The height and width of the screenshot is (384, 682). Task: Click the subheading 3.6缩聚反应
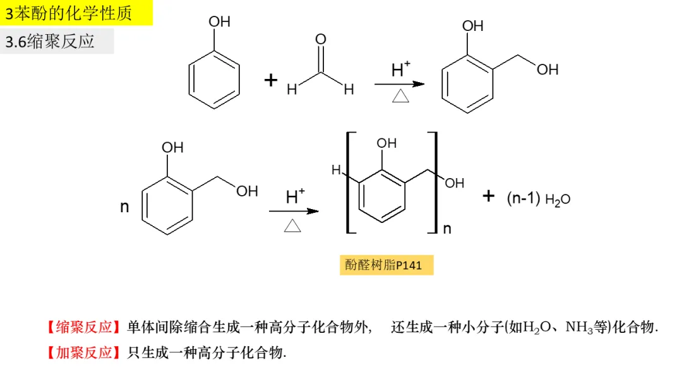(x=50, y=42)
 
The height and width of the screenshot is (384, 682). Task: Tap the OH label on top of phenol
(x=220, y=22)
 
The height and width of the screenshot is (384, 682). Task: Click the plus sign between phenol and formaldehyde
(x=270, y=80)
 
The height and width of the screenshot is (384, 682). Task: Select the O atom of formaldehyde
(x=321, y=40)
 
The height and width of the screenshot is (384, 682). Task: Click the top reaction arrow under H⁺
(x=399, y=84)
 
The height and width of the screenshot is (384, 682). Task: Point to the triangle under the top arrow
(x=401, y=97)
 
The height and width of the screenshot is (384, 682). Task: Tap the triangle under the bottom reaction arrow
(x=293, y=226)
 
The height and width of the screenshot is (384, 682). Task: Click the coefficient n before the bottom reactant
(x=124, y=207)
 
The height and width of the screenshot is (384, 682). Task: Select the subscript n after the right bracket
(x=447, y=228)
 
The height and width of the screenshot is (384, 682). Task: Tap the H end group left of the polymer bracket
(x=336, y=170)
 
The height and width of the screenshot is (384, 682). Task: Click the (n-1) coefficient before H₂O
(x=523, y=198)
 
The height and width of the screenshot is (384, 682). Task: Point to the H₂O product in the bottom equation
(x=558, y=199)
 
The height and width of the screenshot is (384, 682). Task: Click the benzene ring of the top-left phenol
(x=215, y=81)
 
